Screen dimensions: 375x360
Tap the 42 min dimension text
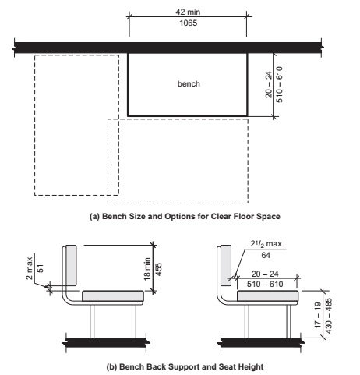(187, 12)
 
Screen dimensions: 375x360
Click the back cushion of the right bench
(226, 264)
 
